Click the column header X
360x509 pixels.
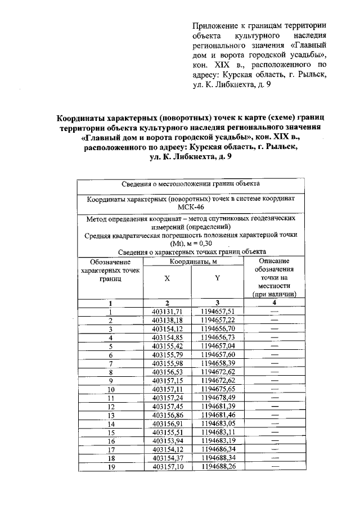coord(167,278)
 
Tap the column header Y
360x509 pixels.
coord(217,278)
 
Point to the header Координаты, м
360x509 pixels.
coord(192,262)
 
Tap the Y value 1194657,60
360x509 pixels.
coord(217,355)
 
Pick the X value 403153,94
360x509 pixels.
coord(168,441)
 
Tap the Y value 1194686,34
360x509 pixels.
coord(217,449)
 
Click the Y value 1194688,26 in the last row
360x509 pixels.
coord(217,467)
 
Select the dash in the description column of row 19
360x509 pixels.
coord(274,466)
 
